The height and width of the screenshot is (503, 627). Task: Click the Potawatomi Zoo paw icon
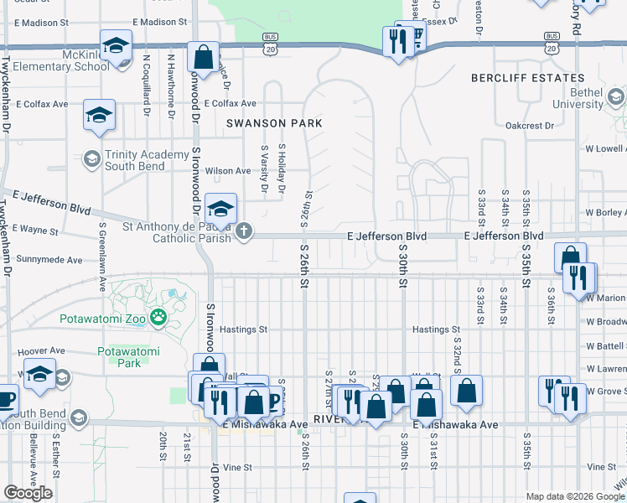click(158, 319)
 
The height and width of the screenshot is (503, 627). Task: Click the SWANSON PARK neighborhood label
click(274, 122)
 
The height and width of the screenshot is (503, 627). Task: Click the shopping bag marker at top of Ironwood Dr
click(203, 58)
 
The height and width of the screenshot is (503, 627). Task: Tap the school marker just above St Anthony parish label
click(221, 209)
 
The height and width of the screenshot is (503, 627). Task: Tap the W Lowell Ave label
click(605, 148)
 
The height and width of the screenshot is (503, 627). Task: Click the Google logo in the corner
click(28, 493)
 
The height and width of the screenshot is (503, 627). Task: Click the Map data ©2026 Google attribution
click(574, 496)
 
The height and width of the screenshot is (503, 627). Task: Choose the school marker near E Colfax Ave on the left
click(99, 116)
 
